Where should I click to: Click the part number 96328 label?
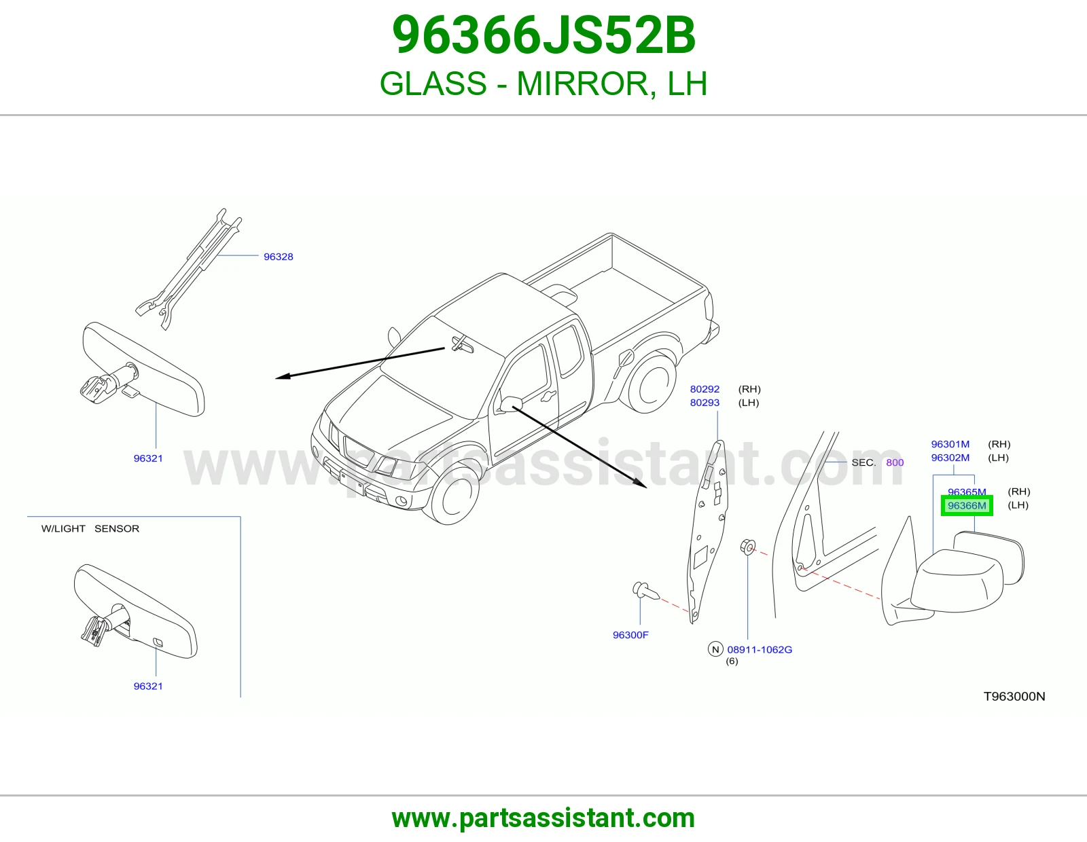278,257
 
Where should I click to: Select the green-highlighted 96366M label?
967,505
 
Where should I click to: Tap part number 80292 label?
705,389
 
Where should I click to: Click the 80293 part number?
705,403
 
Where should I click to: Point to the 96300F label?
630,635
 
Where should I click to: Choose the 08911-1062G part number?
760,650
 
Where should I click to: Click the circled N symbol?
715,650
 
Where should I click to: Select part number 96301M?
950,444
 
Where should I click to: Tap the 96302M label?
950,458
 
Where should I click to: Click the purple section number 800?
895,462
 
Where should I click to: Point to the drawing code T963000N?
1014,697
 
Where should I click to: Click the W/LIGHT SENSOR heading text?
90,528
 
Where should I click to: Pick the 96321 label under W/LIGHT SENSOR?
148,686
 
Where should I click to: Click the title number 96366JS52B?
543,35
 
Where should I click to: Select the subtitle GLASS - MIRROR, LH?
543,84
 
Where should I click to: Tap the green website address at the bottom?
543,818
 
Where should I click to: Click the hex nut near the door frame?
747,547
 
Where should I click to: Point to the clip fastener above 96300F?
646,591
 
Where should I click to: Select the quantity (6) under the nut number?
732,661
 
